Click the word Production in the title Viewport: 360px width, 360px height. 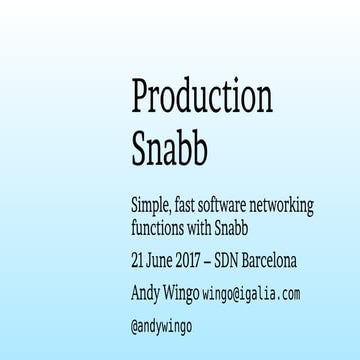pyautogui.click(x=201, y=98)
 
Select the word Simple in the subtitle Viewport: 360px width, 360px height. pyautogui.click(x=156, y=206)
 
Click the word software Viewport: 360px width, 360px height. pyautogui.click(x=246, y=206)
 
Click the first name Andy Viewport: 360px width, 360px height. pyautogui.click(x=148, y=294)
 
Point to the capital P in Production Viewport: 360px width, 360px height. pyautogui.click(x=142, y=96)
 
